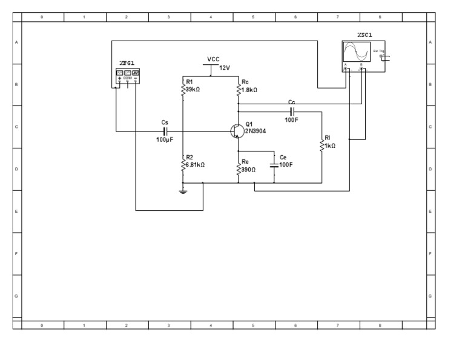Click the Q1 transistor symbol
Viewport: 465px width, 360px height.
(237, 132)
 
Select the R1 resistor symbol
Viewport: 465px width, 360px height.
(182, 89)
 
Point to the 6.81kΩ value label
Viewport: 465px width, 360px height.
(196, 164)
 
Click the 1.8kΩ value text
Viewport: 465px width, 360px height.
(249, 89)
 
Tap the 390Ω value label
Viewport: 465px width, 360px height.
(249, 170)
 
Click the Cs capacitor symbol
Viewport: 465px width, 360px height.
(165, 131)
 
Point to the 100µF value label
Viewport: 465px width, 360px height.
(165, 140)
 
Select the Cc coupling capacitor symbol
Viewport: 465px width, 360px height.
(292, 112)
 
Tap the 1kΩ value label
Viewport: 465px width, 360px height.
(330, 146)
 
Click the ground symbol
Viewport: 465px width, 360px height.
(182, 192)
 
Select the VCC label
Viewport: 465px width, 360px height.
(213, 59)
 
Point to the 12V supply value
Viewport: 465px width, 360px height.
(225, 68)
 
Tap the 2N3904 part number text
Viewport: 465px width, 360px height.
(256, 131)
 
